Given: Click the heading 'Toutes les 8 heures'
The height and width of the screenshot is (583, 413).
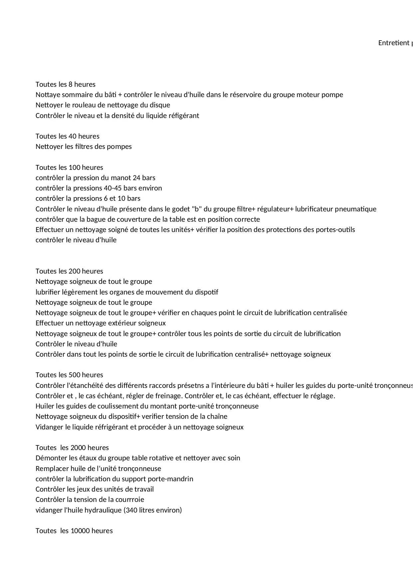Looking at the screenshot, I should (66, 84).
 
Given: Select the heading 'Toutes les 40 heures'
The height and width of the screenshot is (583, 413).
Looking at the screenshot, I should (68, 136).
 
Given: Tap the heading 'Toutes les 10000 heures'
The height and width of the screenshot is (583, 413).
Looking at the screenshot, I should (74, 531).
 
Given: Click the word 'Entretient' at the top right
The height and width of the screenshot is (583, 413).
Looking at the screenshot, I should (394, 43).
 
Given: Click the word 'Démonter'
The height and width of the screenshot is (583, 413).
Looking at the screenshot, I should (52, 458).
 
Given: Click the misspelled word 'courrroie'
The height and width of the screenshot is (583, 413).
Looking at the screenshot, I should (129, 500).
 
